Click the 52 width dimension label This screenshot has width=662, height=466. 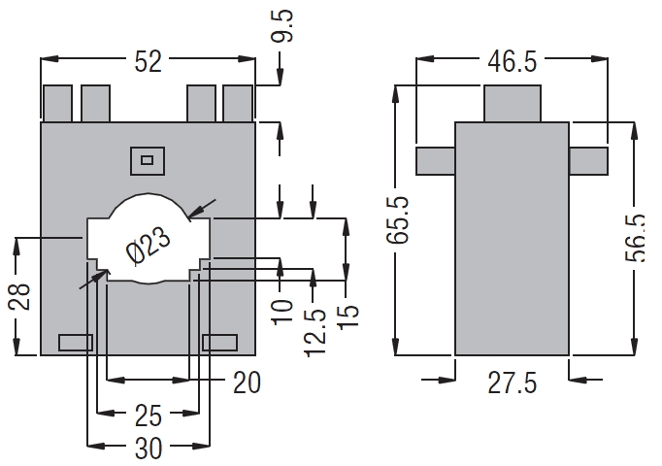click(148, 62)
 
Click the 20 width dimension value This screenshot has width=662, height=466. click(248, 383)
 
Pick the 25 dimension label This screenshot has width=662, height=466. click(147, 416)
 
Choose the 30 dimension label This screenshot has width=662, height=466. click(147, 449)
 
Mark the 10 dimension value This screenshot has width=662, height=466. click(281, 312)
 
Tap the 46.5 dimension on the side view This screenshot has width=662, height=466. click(512, 63)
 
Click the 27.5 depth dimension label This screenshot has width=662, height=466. click(512, 383)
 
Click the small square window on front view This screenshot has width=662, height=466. click(147, 160)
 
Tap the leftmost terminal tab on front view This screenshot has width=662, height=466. click(57, 102)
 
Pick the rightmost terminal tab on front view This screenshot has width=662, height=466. click(238, 102)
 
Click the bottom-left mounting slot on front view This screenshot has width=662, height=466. click(76, 342)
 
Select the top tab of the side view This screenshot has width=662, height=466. click(512, 104)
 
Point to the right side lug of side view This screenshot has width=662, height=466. click(588, 158)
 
